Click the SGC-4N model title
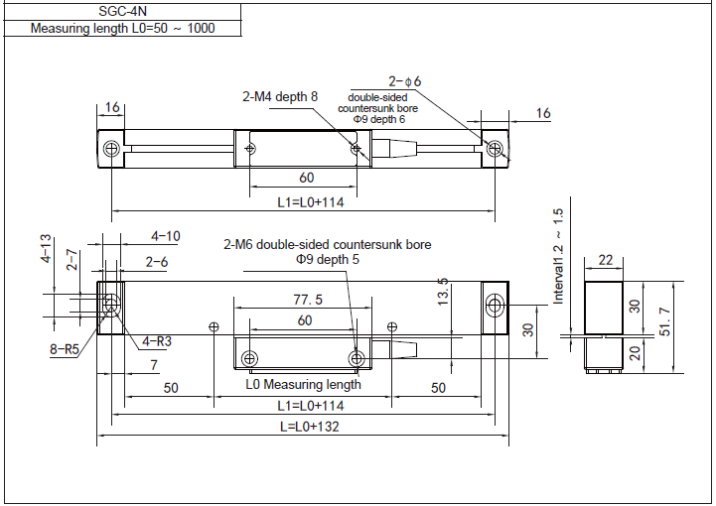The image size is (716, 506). [122, 11]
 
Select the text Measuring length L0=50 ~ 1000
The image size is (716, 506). [122, 29]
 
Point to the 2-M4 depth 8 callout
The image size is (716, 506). [279, 96]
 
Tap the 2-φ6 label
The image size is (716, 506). [404, 81]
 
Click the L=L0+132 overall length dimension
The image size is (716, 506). [310, 427]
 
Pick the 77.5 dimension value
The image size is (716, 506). [308, 300]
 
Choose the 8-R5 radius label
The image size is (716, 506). [65, 349]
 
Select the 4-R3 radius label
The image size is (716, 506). [157, 341]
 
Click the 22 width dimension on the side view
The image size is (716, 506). [605, 260]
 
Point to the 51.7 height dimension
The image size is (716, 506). [665, 322]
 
